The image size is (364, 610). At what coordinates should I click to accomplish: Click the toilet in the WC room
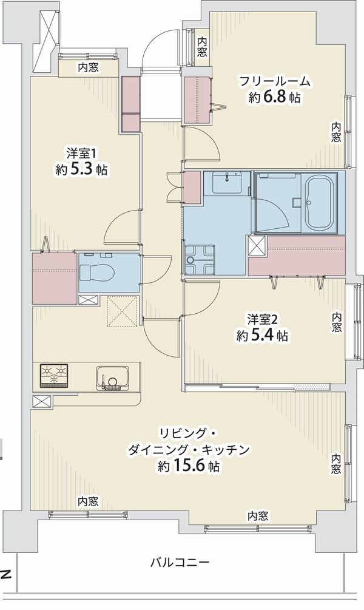pos(97,273)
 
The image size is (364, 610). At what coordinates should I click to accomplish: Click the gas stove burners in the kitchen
pos(54,376)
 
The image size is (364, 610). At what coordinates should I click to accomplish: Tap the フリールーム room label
pos(275,81)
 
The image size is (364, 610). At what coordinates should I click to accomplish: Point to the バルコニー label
pos(180,562)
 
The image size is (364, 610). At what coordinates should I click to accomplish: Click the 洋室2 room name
pos(263,320)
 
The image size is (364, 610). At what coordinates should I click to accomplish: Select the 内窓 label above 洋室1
pos(88,67)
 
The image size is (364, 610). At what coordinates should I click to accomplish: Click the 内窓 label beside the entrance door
pos(202,46)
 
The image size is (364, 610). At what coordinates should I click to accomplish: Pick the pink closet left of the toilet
pos(54,279)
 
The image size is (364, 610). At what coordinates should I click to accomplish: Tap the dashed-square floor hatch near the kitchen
pos(123,311)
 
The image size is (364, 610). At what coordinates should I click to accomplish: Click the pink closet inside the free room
pos(198,100)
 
